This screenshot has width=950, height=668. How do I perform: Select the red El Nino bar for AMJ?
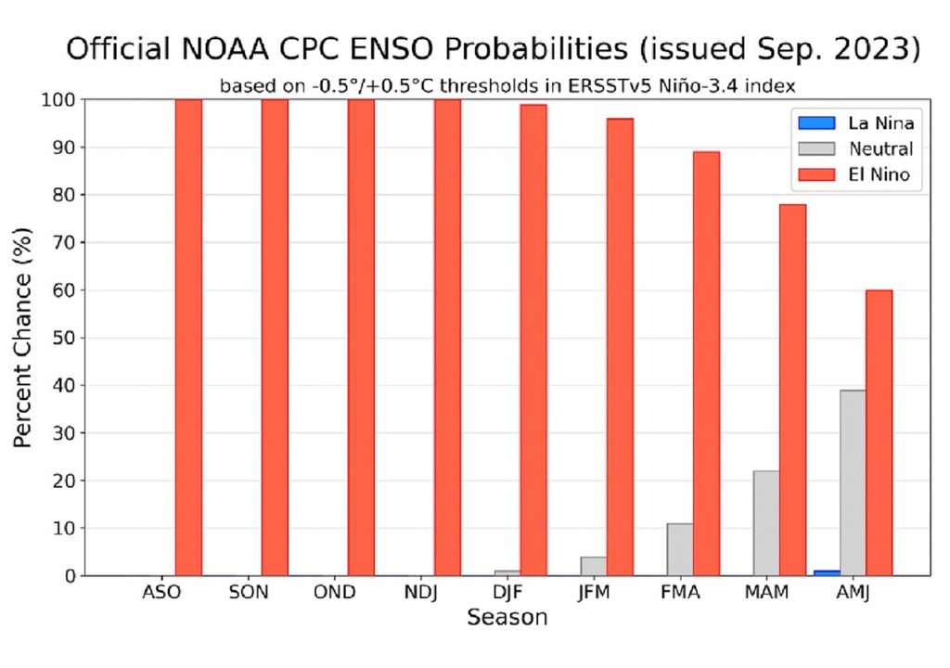[879, 432]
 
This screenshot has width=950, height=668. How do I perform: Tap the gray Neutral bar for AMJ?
[853, 482]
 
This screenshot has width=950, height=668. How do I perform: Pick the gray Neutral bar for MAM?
[766, 523]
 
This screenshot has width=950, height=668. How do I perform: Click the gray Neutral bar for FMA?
[680, 549]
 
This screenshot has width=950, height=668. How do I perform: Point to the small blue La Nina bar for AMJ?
[827, 572]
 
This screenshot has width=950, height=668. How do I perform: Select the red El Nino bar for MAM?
[792, 390]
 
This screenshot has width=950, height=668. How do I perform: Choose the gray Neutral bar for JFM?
[594, 566]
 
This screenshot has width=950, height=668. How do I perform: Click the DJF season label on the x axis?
[507, 593]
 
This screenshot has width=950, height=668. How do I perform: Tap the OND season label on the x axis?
[334, 593]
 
